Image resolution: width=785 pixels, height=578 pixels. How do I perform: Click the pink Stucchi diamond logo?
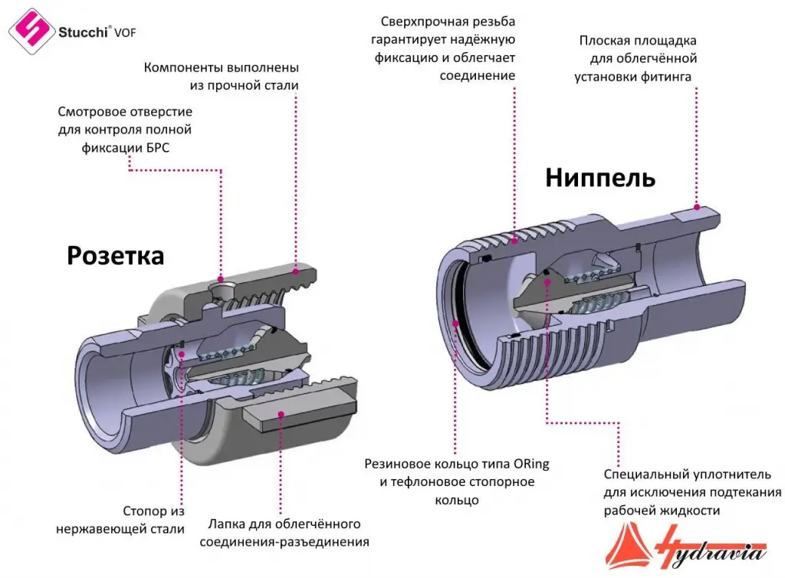tap(31, 31)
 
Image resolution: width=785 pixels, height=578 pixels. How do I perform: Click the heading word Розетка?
tap(115, 256)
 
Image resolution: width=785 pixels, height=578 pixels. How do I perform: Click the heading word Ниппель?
tap(600, 178)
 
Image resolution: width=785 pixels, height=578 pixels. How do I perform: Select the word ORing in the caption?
tap(531, 464)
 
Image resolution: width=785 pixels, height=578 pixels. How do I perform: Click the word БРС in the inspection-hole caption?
tap(156, 148)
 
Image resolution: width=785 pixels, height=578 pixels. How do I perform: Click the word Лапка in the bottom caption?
tap(225, 524)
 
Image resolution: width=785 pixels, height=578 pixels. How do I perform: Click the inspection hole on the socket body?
tap(220, 288)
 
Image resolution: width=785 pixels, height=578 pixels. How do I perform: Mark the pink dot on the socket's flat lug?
tap(281, 415)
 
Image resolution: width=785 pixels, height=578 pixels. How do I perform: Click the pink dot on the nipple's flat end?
tap(696, 207)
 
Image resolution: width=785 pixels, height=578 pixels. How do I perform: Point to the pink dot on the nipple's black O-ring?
tap(455, 323)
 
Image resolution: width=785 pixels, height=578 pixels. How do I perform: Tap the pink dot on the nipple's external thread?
tap(514, 241)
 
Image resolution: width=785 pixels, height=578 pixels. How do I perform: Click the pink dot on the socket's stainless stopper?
tap(181, 354)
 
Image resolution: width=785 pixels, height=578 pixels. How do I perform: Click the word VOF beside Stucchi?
tap(125, 33)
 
